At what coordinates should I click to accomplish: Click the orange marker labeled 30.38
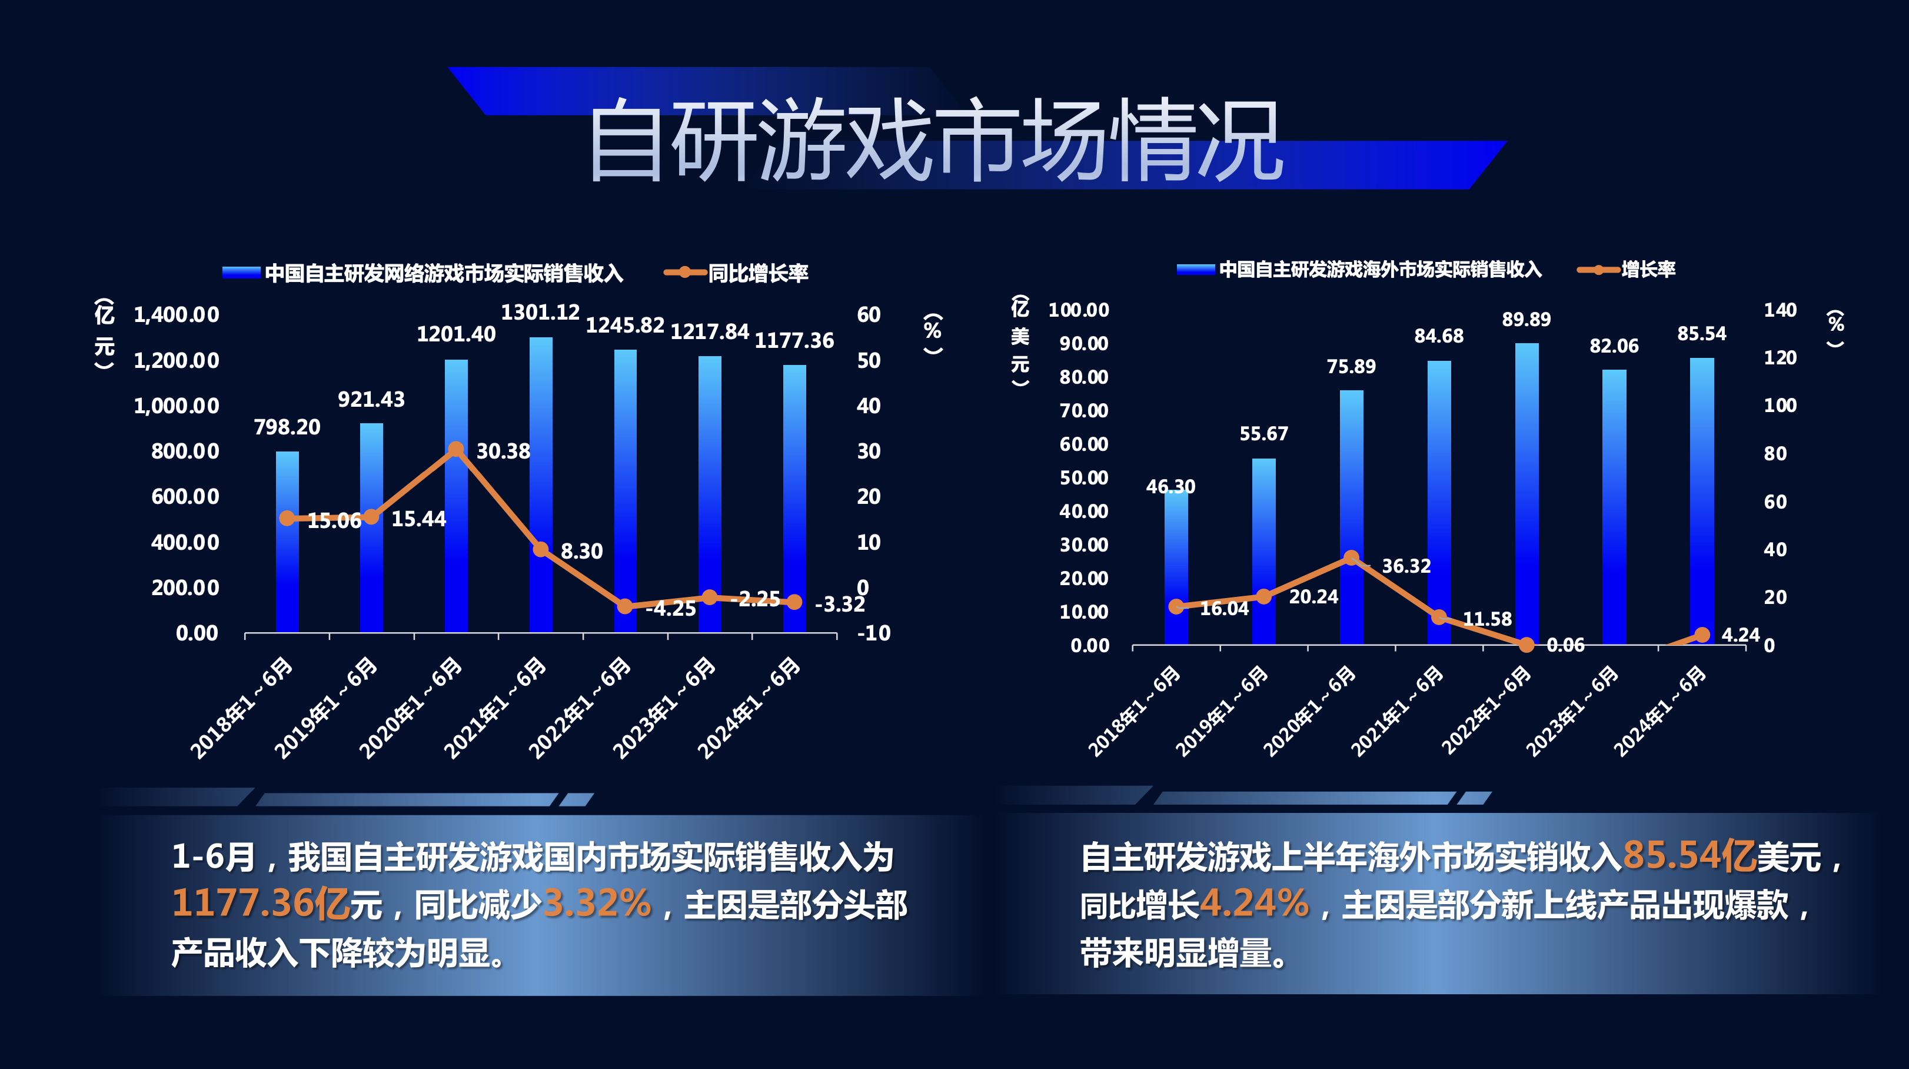(455, 449)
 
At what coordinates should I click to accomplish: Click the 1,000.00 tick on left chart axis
(177, 406)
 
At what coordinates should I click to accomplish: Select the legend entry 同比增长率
(757, 274)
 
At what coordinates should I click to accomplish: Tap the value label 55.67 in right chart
(1263, 434)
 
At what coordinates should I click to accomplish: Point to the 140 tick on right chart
(1780, 311)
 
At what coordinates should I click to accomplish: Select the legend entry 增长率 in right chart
(1647, 270)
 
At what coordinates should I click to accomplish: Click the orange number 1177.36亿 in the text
(260, 904)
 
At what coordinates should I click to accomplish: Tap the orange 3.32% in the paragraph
(597, 904)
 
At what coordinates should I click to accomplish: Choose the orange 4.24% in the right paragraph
(1254, 904)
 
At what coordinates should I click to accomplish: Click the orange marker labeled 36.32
(1351, 557)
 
